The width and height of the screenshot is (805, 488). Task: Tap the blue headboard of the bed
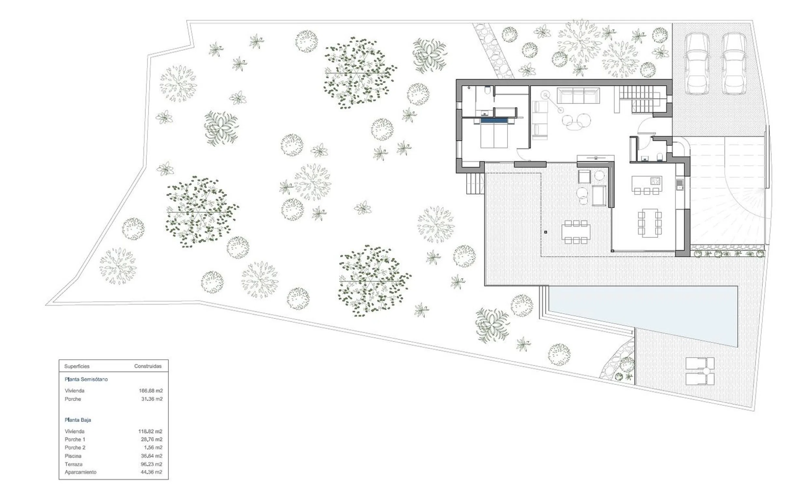click(494, 120)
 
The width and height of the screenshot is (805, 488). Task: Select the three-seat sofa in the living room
click(578, 95)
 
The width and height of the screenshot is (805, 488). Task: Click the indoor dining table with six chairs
click(649, 223)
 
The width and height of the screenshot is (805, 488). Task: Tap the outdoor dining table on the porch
click(576, 232)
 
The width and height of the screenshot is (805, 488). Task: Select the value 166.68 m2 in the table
click(151, 390)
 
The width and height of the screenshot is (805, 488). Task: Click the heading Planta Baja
click(78, 420)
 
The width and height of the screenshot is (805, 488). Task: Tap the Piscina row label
click(73, 456)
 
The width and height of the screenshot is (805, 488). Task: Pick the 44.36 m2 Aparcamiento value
click(151, 472)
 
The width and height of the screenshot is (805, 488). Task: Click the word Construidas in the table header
click(148, 366)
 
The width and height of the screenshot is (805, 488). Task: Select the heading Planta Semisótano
click(86, 379)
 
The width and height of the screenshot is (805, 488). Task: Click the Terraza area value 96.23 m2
click(151, 464)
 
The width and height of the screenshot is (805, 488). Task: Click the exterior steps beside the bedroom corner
click(475, 184)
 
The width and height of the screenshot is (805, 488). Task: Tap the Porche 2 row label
click(75, 448)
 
